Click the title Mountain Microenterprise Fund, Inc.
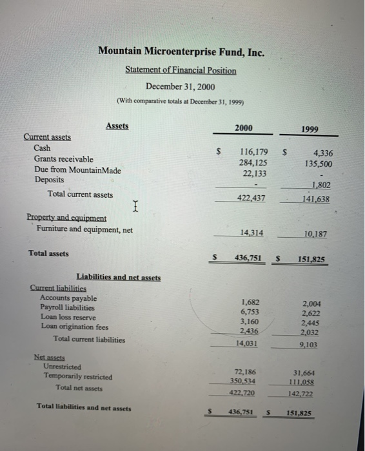181,52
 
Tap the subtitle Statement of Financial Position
181,70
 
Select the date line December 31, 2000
181,86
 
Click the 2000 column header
243,128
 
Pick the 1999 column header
309,130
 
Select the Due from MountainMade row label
77,169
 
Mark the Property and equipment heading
66,218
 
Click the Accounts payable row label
68,298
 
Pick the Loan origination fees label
74,327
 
